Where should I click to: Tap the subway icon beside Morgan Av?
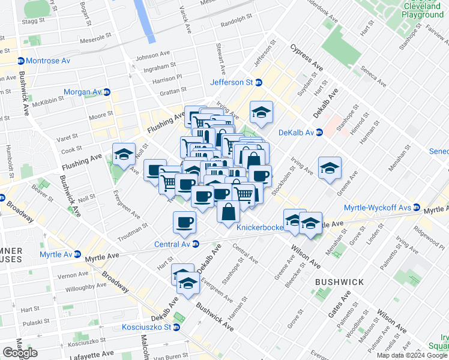tap(107, 92)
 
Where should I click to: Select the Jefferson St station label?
tap(231, 82)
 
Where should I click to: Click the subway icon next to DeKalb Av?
tap(319, 133)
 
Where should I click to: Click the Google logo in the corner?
tap(20, 353)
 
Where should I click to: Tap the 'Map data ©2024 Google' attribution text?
tap(412, 355)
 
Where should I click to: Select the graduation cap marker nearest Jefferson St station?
tap(262, 113)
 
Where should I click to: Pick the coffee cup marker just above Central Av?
tap(184, 223)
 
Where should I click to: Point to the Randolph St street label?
tap(234, 25)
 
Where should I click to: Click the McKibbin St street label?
tap(47, 102)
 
